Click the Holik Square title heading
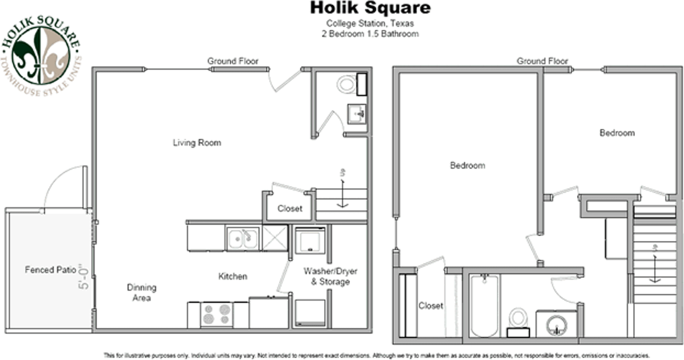(x=370, y=8)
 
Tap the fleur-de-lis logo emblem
(x=41, y=56)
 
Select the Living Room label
(x=197, y=143)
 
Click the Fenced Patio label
(x=50, y=270)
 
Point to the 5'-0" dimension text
(x=83, y=276)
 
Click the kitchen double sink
(x=243, y=239)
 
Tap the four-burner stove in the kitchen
(x=216, y=315)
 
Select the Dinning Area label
(x=142, y=293)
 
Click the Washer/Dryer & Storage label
(x=330, y=276)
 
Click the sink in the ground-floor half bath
(x=356, y=114)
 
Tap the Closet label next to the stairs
(x=290, y=209)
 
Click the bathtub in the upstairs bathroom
(x=484, y=306)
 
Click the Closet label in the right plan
(x=431, y=306)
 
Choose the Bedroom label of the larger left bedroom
(x=468, y=166)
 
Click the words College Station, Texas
(x=370, y=24)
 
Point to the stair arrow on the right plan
(x=655, y=269)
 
